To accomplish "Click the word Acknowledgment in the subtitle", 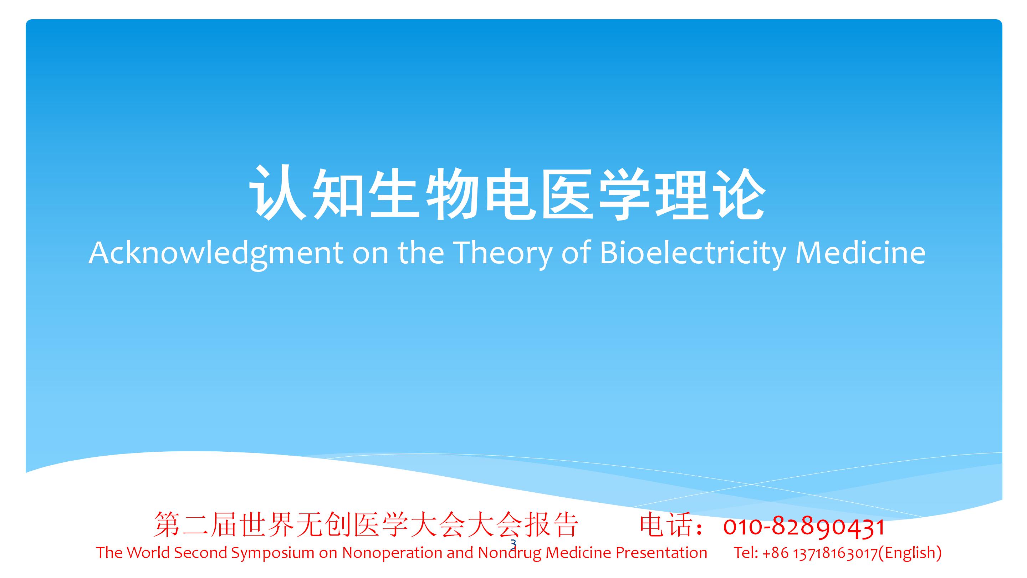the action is click(x=216, y=253).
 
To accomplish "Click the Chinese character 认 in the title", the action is click(x=277, y=193).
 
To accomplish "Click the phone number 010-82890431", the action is click(x=804, y=526).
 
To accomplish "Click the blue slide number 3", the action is click(x=513, y=544).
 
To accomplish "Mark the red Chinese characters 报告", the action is click(x=551, y=524).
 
